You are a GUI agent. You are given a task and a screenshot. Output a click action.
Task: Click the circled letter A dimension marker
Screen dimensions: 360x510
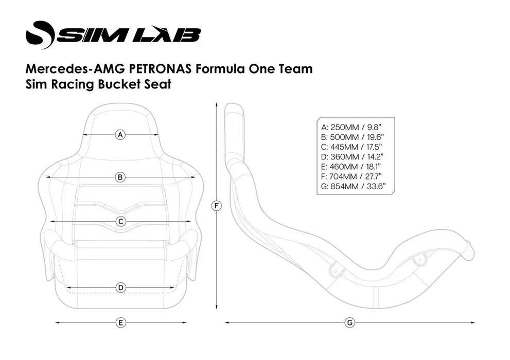point(120,135)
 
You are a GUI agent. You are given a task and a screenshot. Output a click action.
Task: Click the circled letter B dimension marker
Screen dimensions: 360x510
point(120,177)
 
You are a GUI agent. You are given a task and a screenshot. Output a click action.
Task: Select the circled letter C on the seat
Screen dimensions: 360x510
point(120,222)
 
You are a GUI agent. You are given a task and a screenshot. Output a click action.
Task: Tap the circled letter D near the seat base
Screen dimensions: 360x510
point(120,287)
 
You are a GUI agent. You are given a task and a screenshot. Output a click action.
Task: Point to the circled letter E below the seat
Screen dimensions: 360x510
point(120,323)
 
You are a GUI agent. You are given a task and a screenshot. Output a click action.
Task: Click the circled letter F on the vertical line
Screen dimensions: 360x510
point(217,206)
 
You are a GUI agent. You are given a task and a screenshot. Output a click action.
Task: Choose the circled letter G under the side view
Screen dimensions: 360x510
point(349,323)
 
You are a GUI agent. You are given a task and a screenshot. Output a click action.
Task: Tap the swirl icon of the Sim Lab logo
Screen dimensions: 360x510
point(40,34)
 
